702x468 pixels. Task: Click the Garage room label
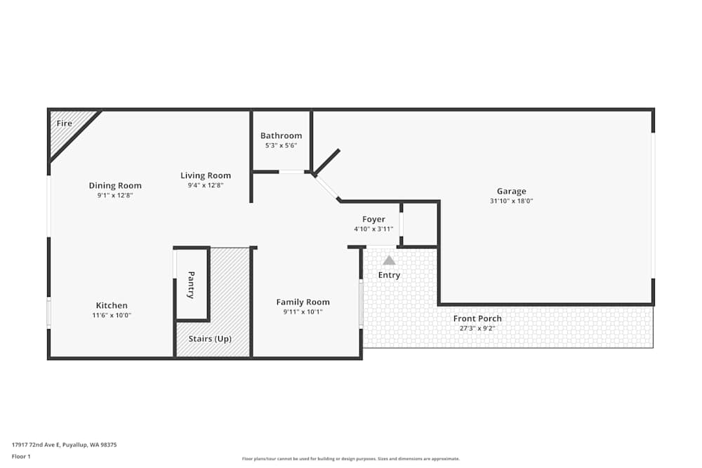coord(511,191)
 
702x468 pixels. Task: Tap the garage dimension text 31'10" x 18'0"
coord(511,201)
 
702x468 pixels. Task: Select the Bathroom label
coord(281,135)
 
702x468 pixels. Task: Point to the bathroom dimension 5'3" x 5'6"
coord(281,145)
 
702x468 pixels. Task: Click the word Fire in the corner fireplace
coord(64,123)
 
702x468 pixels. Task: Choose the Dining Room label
coord(115,185)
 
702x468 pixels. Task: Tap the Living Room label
coord(205,175)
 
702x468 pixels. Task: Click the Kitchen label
coord(112,305)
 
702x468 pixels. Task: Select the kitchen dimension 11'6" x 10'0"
coord(112,315)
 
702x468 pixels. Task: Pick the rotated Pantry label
coord(191,286)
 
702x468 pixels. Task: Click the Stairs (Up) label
coord(210,338)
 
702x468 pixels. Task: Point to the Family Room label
coord(303,302)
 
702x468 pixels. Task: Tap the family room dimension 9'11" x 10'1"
coord(303,312)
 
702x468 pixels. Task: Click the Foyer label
coord(373,219)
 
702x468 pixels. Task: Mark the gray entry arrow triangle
coord(389,260)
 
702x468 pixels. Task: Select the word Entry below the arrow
coord(389,275)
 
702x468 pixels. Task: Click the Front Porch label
coord(477,318)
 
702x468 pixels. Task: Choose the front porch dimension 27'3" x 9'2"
coord(477,328)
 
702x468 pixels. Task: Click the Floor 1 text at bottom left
coord(21,456)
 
